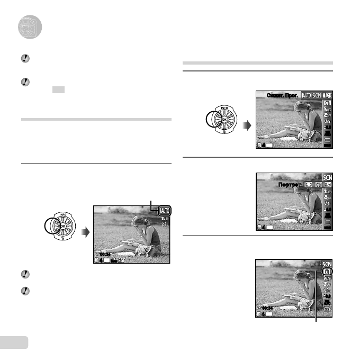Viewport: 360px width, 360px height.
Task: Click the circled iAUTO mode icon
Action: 164,211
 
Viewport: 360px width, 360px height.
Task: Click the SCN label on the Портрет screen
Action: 328,177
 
